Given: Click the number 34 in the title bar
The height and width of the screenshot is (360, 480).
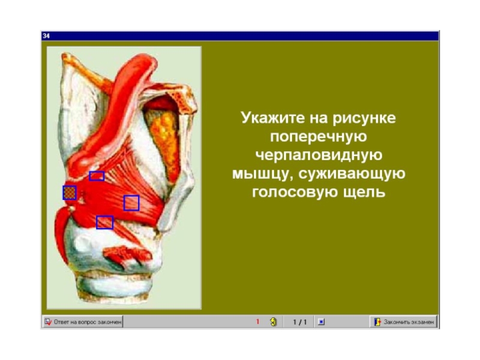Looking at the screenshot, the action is (x=46, y=36).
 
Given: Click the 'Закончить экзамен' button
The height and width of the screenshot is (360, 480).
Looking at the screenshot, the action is (x=404, y=322).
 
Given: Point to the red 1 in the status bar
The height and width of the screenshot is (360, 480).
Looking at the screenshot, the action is (x=257, y=322).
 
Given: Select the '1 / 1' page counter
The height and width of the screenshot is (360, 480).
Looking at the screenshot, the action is (x=299, y=322).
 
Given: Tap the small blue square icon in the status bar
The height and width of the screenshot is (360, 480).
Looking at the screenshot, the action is (x=321, y=322).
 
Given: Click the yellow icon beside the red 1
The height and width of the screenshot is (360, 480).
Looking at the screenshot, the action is (x=274, y=322).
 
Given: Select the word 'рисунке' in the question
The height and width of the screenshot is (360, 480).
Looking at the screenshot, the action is (x=364, y=118).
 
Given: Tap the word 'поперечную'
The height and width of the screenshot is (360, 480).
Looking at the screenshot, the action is (x=319, y=137).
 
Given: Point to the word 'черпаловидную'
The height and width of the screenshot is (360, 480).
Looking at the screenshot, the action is (x=319, y=155).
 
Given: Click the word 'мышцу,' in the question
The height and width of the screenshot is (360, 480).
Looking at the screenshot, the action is (x=262, y=173).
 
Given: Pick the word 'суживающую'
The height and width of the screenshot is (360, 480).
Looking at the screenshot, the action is (x=352, y=173).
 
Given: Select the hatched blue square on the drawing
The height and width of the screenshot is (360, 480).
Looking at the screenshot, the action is (x=70, y=193).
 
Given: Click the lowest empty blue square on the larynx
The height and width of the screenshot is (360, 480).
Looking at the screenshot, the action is (x=104, y=223).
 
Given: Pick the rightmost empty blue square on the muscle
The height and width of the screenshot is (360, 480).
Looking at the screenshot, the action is (x=131, y=203).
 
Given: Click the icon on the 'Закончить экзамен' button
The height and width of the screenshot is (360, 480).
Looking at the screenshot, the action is (x=377, y=322).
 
